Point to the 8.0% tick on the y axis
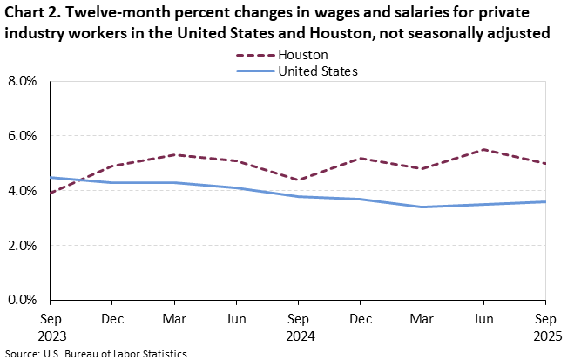coord(22,81)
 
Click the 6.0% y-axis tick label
coord(22,136)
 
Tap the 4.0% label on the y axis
coord(22,191)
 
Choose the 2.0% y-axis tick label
coord(22,246)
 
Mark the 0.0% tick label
coord(22,300)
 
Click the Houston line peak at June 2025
coord(484,150)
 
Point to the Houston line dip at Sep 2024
coord(299,180)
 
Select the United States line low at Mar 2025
coord(422,207)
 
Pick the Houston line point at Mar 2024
coord(175,155)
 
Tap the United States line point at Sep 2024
coord(299,196)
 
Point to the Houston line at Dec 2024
coord(361,159)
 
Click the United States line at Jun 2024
coord(237,187)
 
